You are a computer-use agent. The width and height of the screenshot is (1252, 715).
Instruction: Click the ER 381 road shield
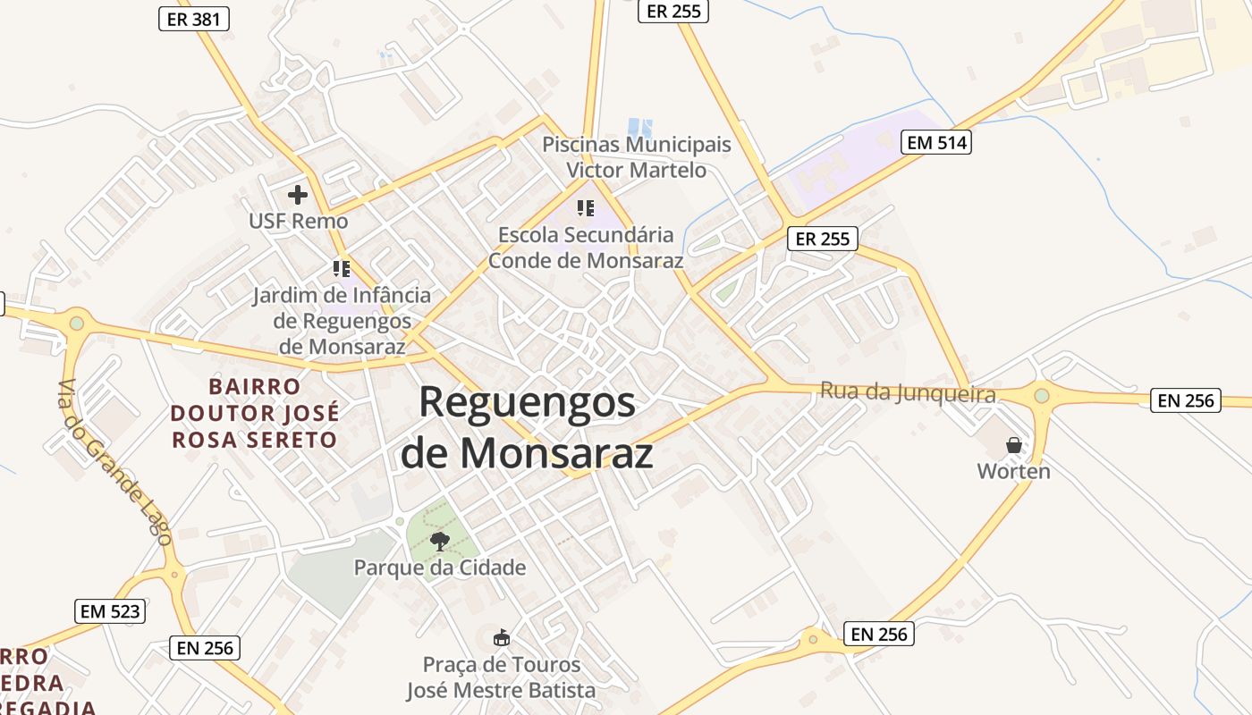coord(194,19)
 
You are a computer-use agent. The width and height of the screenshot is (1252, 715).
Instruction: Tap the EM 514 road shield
coord(935,142)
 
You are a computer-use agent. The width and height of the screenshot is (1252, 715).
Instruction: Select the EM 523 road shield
coord(110,611)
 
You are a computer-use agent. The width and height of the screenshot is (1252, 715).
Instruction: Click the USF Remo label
coord(298,220)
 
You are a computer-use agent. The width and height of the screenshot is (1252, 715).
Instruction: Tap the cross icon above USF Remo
coord(298,194)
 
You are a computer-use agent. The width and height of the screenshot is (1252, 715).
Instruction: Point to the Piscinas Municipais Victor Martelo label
coord(636,157)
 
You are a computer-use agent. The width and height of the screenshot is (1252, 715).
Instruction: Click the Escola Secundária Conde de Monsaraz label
coord(586,248)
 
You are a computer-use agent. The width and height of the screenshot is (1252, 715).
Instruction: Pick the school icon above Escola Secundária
coord(586,208)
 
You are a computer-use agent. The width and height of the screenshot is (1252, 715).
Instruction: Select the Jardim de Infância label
coord(341,320)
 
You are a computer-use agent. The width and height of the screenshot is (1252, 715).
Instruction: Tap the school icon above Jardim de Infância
coord(341,268)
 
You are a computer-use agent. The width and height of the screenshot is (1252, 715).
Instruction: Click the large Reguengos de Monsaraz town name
coord(527,427)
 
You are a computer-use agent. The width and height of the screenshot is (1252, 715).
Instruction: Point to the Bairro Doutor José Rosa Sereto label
coord(255,413)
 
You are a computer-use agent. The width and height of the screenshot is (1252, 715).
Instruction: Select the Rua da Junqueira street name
coord(908,392)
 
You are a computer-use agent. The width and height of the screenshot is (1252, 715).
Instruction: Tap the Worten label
coord(1013,471)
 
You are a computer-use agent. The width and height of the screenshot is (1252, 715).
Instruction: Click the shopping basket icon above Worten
coord(1014,444)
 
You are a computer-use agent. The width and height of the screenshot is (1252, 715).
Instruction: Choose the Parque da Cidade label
coord(440,568)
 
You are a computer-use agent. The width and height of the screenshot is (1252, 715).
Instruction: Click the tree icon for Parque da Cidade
coord(439,541)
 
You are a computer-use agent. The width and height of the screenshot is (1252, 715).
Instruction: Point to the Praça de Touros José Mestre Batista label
coord(501,677)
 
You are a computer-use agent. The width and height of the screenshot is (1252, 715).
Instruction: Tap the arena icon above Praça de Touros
coord(502,637)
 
